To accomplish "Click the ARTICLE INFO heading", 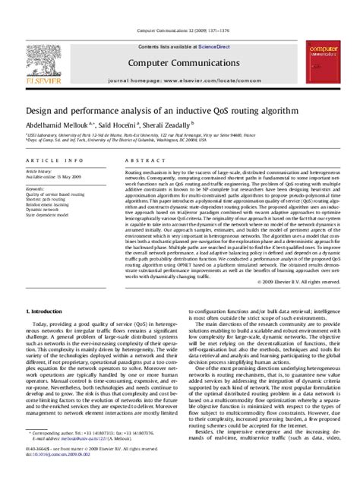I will point(54,161).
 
